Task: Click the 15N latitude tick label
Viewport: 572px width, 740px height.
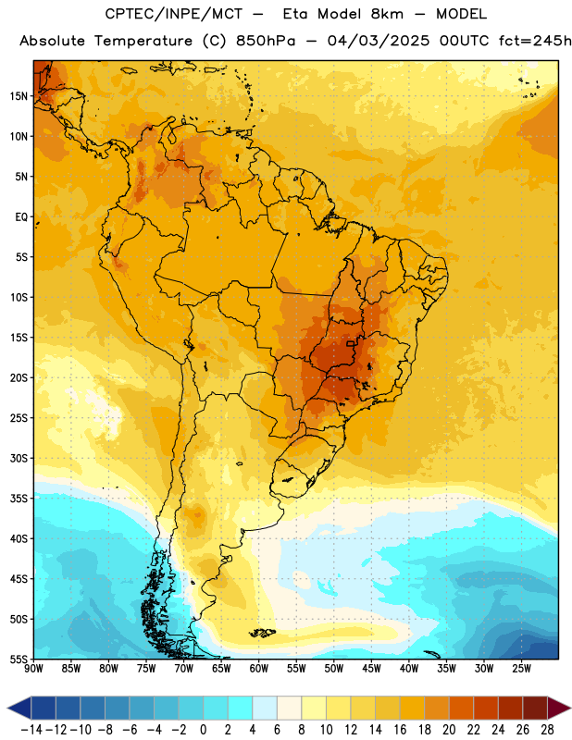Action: point(19,96)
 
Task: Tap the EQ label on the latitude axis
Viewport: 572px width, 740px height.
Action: point(21,217)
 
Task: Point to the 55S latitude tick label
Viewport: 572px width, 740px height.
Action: point(19,659)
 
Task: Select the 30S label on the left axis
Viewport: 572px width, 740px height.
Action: point(19,458)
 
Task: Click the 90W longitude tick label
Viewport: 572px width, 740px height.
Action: point(34,669)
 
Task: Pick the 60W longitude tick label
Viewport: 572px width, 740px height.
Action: point(259,669)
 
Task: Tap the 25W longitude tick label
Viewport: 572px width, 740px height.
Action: point(521,669)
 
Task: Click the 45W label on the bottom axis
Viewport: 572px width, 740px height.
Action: point(371,669)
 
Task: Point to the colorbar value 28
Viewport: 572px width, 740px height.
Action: point(547,730)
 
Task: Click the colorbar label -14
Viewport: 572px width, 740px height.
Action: point(31,730)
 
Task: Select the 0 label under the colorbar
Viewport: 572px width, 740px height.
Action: point(203,730)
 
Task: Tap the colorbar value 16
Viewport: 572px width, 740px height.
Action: point(400,730)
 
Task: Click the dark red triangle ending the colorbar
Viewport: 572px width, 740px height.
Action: point(557,708)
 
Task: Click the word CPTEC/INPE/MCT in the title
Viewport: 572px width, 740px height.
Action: point(174,14)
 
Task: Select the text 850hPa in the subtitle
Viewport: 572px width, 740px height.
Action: point(266,41)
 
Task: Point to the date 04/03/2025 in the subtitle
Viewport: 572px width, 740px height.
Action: point(379,41)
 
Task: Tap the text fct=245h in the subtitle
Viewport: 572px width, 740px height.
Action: point(535,41)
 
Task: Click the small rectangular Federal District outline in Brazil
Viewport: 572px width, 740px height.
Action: point(351,343)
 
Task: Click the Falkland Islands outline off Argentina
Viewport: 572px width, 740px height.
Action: point(262,633)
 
